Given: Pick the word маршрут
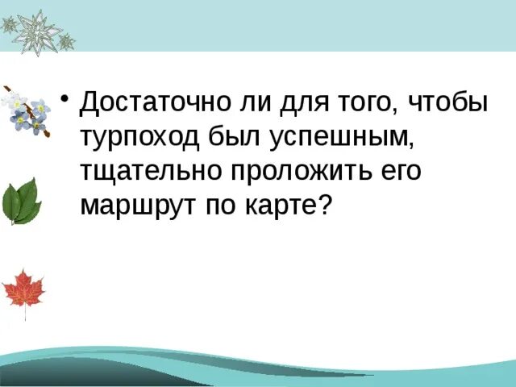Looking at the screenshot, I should (135, 206).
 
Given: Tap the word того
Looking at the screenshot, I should (367, 102).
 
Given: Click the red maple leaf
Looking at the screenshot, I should (23, 289).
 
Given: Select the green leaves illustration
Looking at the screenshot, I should (22, 201).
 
